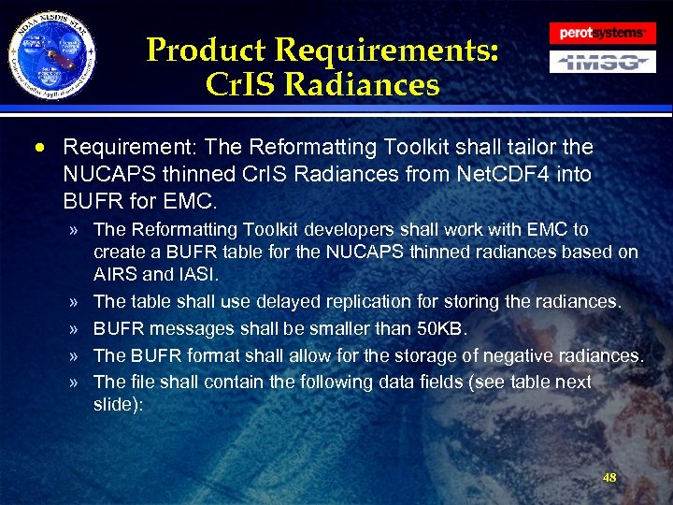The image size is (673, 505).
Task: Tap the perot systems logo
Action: (x=601, y=33)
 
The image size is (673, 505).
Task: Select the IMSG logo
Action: (x=601, y=63)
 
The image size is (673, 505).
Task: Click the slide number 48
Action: (x=609, y=478)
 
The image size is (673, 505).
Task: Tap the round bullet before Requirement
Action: (x=43, y=148)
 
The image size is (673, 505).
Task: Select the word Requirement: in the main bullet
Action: (x=122, y=148)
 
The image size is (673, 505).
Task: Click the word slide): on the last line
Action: (x=118, y=402)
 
